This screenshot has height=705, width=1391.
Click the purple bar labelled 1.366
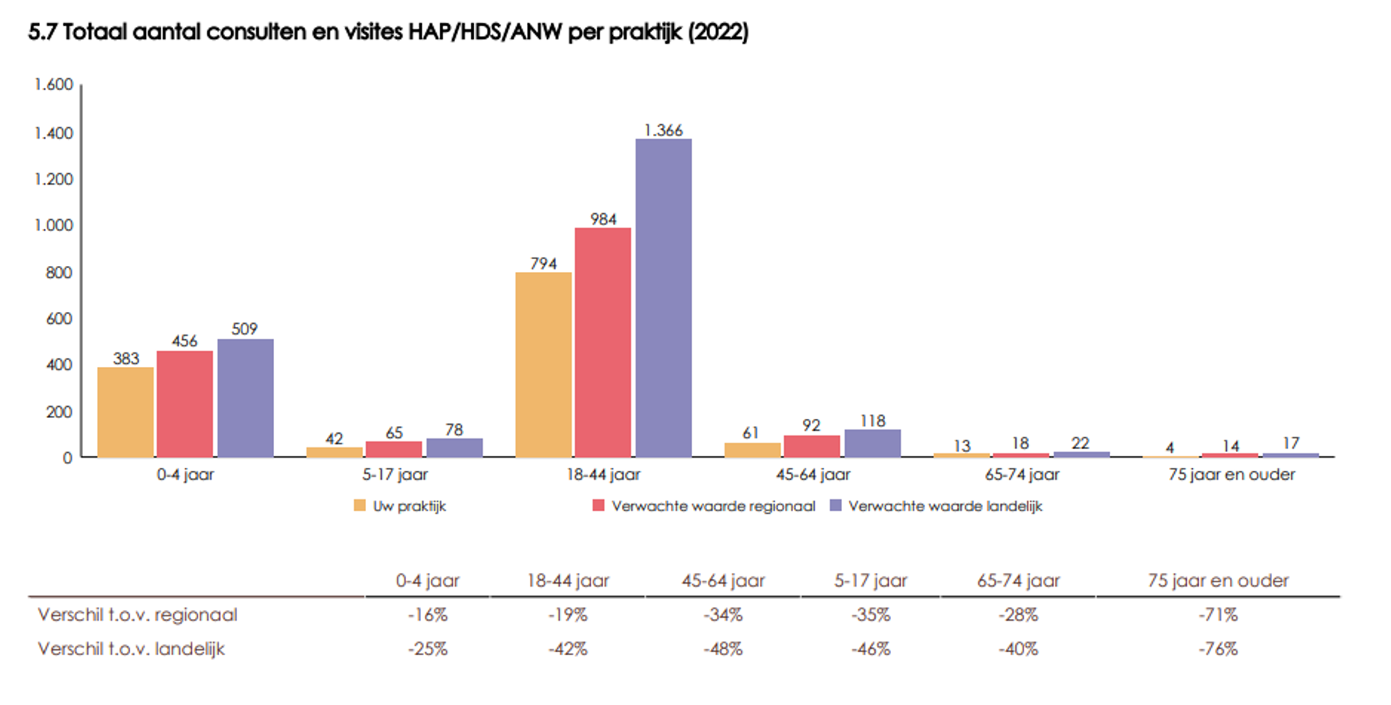pos(663,298)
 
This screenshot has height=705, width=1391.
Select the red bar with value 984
pos(602,342)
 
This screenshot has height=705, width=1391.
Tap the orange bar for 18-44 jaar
pos(543,365)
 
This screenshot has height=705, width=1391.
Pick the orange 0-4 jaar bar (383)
pos(125,412)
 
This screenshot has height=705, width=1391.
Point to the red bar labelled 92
pos(811,446)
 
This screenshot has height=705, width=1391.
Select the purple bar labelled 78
pos(454,447)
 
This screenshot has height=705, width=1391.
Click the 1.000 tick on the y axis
pos(53,225)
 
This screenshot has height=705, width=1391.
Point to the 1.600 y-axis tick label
pos(53,84)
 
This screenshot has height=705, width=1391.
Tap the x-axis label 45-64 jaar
pos(813,475)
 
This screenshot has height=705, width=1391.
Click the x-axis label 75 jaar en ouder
pos(1231,475)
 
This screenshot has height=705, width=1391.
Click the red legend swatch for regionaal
pos(599,505)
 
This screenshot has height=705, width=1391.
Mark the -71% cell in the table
pos(1218,615)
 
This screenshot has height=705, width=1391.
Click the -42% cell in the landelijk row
pos(567,649)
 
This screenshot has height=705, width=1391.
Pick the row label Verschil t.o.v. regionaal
pos(138,615)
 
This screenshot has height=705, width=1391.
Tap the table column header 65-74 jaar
pos(1018,581)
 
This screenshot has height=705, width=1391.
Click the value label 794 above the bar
pos(543,264)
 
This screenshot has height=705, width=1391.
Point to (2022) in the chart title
pos(718,32)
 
